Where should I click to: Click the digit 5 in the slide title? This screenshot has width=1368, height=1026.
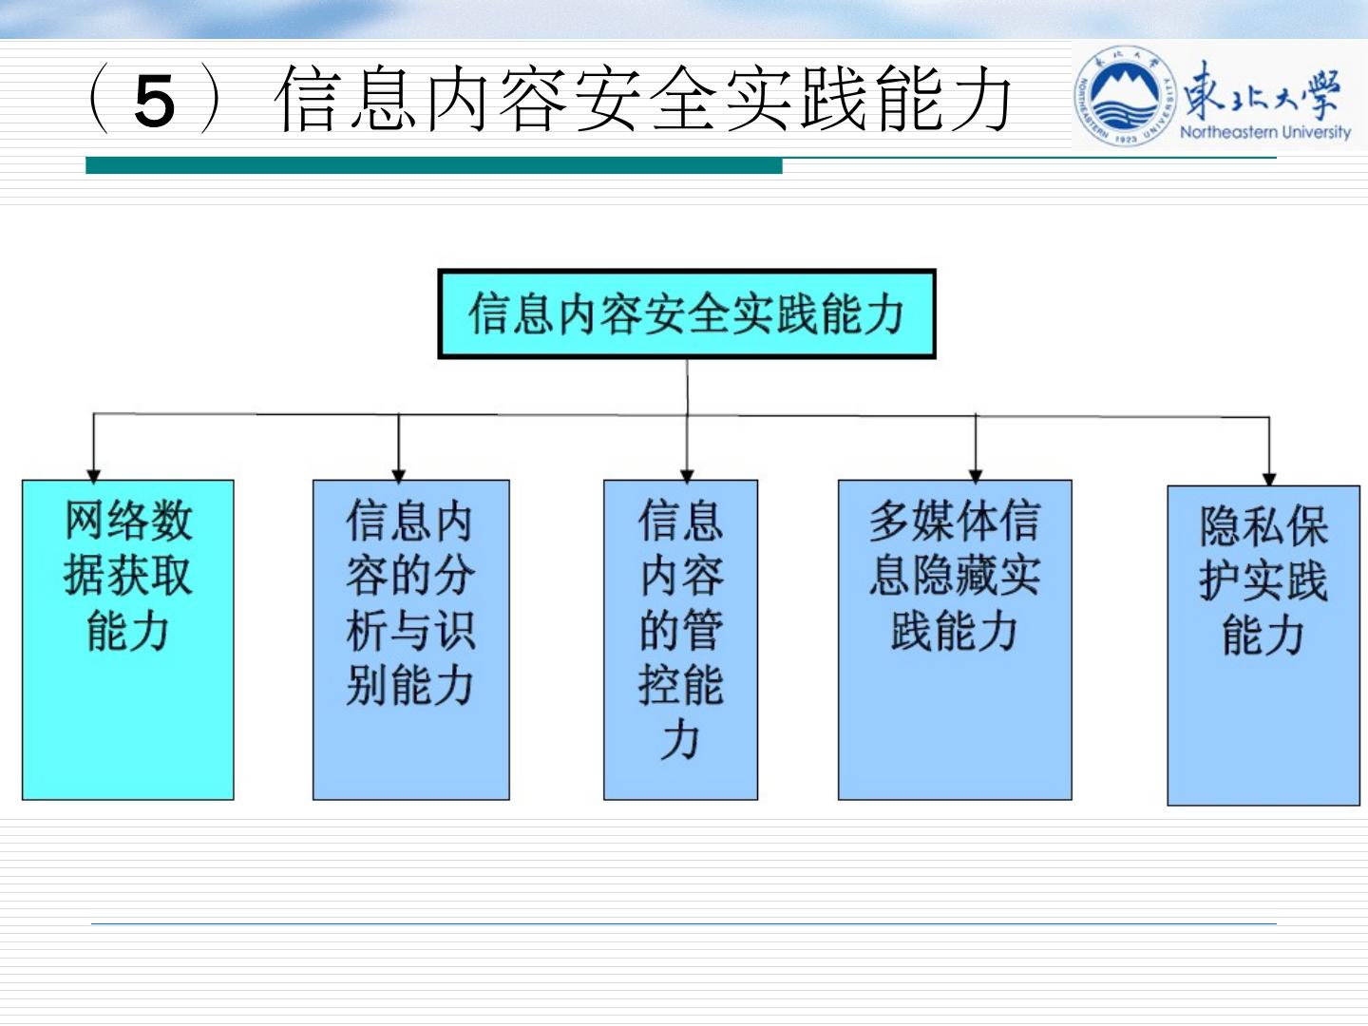155,101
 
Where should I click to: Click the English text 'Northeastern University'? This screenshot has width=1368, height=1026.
1264,132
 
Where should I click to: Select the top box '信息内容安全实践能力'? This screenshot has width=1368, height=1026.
686,313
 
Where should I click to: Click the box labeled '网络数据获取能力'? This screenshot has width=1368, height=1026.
128,639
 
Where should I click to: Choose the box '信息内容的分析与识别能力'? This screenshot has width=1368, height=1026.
410,639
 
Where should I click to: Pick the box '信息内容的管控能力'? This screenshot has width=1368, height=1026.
680,639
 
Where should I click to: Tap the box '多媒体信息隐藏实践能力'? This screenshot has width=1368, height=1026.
955,639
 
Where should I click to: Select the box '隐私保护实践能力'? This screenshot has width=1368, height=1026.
1263,645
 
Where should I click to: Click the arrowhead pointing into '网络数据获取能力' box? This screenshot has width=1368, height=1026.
93,474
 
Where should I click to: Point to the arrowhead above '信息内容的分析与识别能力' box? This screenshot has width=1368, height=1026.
399,474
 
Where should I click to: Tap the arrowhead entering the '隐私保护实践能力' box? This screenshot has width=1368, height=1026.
1268,479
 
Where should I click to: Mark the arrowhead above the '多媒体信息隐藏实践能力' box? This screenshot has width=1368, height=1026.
976,474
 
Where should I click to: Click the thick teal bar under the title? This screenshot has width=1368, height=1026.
433,165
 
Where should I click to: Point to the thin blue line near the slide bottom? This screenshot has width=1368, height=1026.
684,922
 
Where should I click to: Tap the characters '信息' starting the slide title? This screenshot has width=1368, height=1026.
347,99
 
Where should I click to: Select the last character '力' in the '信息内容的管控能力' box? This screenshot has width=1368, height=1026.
680,740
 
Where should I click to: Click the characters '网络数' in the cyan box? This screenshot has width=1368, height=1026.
128,521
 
